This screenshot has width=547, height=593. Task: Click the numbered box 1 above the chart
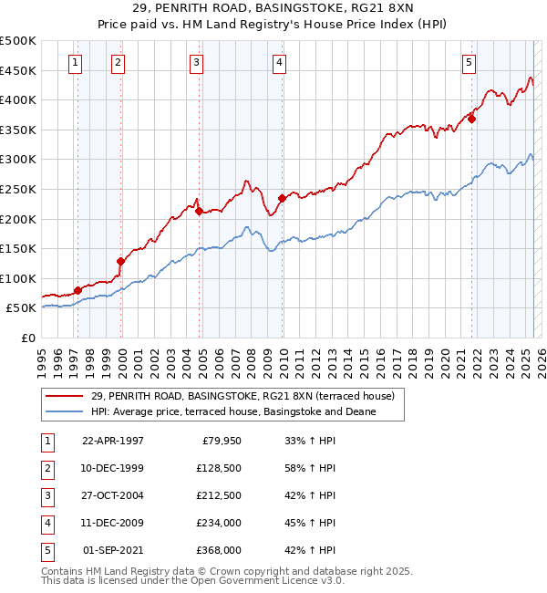(x=74, y=63)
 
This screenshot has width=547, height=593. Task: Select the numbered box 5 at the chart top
(x=469, y=63)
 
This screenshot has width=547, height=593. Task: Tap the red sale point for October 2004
(x=198, y=211)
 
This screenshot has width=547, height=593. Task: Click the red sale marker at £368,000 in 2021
(x=472, y=119)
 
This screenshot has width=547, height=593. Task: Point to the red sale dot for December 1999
(x=120, y=261)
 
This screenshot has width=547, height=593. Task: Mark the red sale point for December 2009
(x=282, y=198)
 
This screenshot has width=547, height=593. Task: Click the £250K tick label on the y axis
(x=18, y=189)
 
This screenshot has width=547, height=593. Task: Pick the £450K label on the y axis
(x=18, y=70)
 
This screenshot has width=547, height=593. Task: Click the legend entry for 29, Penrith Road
(x=242, y=396)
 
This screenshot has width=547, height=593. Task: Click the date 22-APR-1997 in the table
(x=113, y=441)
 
